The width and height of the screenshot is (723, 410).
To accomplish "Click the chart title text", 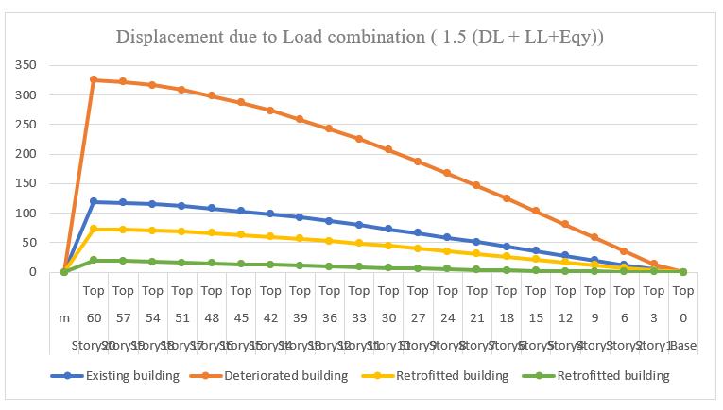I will point(360,37).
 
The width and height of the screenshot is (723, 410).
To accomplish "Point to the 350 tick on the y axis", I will point(25,65).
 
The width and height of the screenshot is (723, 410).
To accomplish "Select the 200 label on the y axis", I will point(25,154).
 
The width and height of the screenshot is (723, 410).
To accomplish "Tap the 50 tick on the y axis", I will point(28,243).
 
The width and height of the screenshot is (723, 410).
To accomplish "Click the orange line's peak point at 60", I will point(94,79).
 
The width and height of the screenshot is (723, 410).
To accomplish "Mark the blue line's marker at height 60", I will point(94,201).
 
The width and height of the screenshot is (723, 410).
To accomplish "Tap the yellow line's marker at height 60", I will point(94,229).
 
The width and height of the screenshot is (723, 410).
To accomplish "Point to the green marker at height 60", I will point(94,260).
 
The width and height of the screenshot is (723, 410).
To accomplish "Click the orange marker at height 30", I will point(388,149).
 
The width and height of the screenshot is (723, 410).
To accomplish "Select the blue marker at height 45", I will point(241,211).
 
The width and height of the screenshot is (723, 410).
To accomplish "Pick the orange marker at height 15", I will point(536,211).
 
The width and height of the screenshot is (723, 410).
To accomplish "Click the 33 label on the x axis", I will point(359,318).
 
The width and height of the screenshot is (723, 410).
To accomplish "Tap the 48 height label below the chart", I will point(212,318).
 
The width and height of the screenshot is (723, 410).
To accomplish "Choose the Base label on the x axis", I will point(682,346).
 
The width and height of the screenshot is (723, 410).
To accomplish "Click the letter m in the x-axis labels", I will point(64,318).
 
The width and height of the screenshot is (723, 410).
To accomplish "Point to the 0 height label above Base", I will point(683,318).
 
